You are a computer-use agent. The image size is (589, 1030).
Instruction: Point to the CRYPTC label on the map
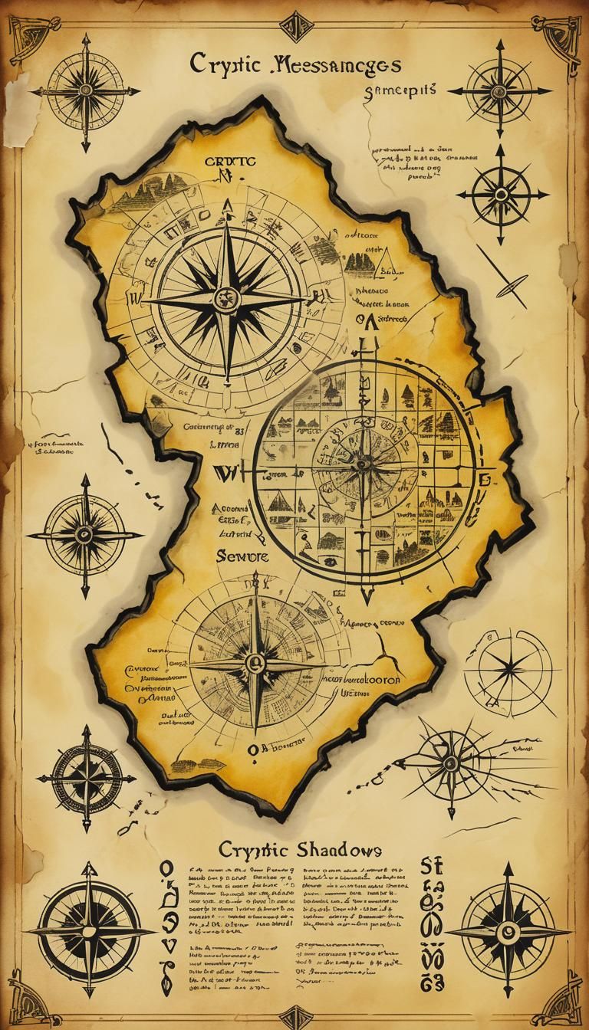click(228, 162)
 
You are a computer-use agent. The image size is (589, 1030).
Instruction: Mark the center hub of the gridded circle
click(363, 462)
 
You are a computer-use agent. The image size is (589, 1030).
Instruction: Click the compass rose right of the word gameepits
click(500, 90)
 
